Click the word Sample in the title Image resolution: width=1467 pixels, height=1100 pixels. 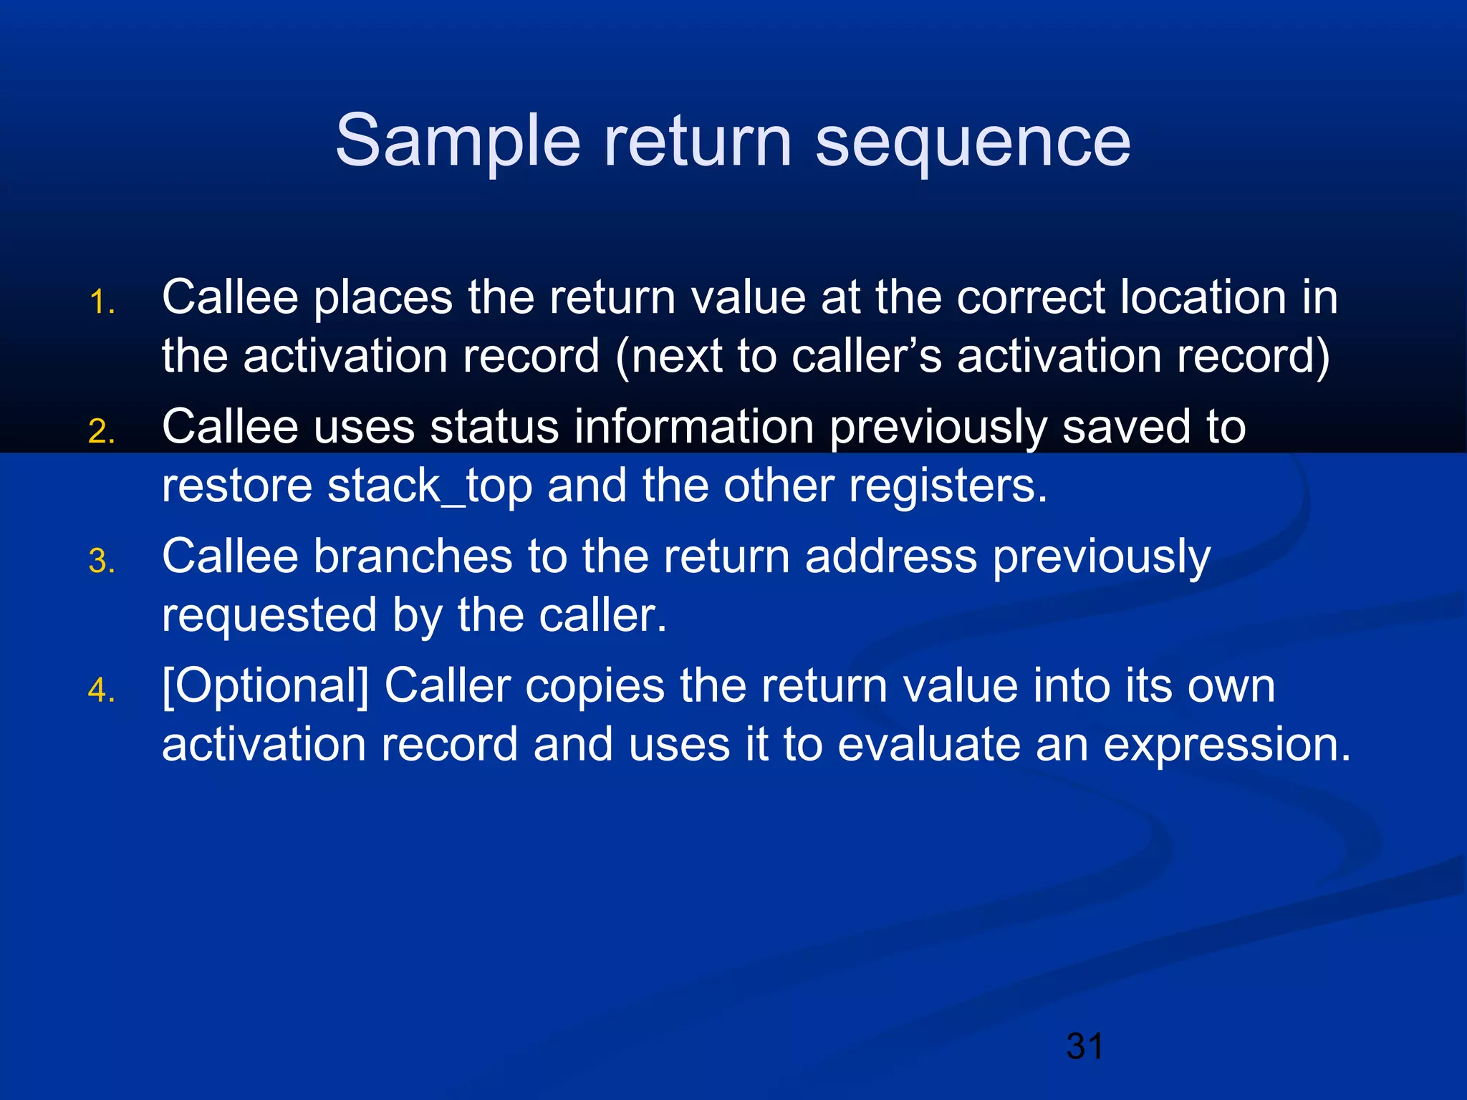(457, 142)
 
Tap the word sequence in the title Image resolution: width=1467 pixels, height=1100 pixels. (973, 142)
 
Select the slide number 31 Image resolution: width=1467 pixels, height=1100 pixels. (1084, 1046)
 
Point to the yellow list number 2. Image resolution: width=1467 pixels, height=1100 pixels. (101, 432)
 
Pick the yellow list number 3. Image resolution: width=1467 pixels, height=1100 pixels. (101, 561)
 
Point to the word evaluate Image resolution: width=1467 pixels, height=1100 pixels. (928, 746)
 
